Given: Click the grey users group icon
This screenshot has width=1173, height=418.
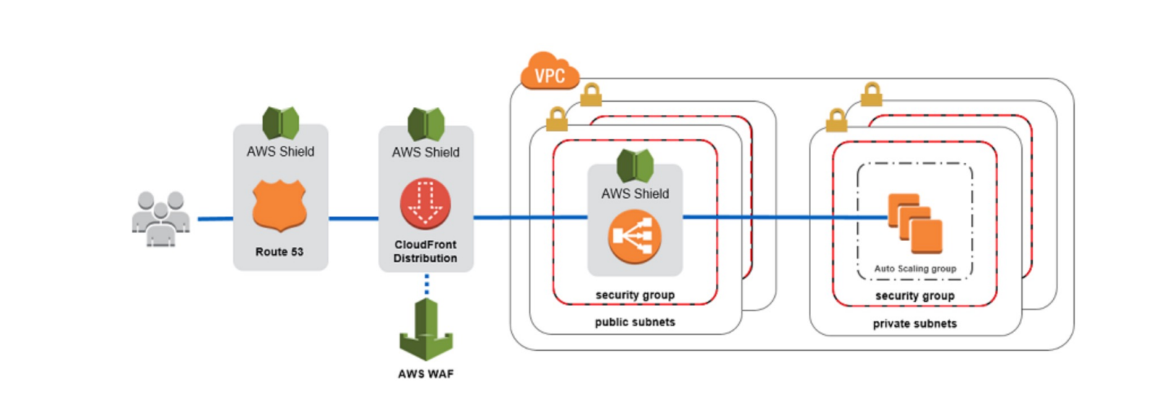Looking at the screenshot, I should [161, 219].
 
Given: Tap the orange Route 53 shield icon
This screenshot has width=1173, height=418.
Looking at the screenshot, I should [280, 206].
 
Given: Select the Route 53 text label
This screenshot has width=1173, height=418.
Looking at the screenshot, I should [280, 252].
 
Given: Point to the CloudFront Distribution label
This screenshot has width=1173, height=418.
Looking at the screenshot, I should [425, 251].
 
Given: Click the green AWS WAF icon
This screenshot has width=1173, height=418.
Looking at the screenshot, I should [426, 330].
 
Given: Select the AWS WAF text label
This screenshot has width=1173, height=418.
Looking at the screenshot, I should [426, 374].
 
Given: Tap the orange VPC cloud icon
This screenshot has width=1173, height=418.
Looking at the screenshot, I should [550, 72].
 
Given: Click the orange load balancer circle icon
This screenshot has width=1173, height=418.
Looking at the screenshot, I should [635, 236].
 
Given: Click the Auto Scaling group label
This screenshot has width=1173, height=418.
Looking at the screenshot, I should [915, 269].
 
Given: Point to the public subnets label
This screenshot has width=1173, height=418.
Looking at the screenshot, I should [635, 322].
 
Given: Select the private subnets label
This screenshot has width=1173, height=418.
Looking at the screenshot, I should [914, 323].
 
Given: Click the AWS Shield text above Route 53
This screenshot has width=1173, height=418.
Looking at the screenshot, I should [280, 152].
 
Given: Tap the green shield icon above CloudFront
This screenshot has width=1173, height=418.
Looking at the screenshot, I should [426, 123].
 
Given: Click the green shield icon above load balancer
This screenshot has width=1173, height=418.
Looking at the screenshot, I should [635, 165].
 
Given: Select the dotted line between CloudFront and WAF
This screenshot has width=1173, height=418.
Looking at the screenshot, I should [426, 284].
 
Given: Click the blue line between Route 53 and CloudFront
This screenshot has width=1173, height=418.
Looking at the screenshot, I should [353, 218].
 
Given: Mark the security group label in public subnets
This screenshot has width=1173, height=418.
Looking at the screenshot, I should [635, 295].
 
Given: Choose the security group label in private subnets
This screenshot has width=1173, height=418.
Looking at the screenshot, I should [915, 296].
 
